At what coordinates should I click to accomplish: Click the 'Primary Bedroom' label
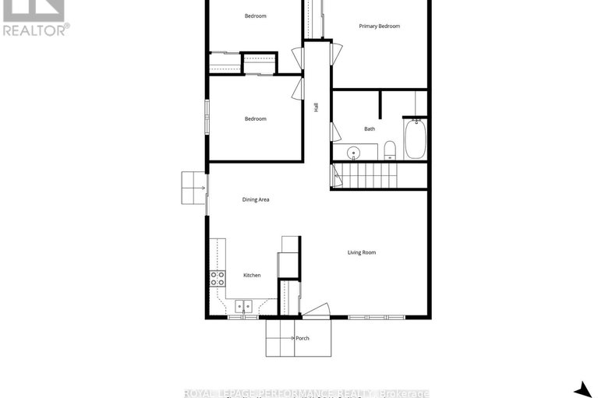pos(379,26)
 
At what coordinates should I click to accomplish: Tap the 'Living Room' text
pos(362,252)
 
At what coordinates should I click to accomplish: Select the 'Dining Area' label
pos(256,200)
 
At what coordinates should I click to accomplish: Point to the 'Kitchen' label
pos(252,276)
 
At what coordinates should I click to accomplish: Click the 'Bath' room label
pos(370,129)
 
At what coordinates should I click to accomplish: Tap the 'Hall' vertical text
pos(317,108)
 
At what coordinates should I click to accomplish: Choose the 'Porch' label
pos(303,339)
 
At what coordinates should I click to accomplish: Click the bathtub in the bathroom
pos(415,138)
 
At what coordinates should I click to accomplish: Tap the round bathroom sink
pos(352,152)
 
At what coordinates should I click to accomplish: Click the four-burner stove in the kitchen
pos(217,279)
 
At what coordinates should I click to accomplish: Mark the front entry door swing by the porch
pos(317,312)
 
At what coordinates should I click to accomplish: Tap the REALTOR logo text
pos(36,30)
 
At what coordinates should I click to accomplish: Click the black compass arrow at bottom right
pos(582,389)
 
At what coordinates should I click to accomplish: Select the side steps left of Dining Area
pos(193,188)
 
